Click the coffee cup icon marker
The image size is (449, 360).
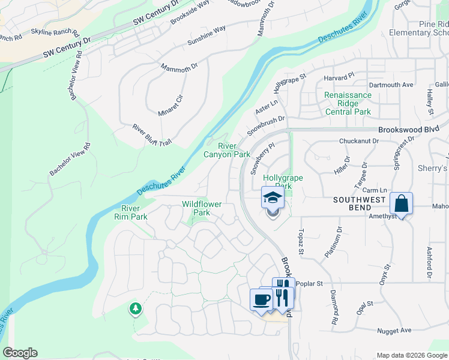[261, 299]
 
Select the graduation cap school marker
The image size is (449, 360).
[273, 197]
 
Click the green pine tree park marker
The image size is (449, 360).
[136, 308]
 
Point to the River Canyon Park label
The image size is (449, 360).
[226, 150]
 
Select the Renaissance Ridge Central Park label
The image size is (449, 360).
[348, 103]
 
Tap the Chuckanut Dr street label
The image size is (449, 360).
[359, 141]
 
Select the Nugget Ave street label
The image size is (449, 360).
[394, 331]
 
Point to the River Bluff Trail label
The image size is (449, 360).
[152, 135]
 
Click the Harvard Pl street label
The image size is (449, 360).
[335, 78]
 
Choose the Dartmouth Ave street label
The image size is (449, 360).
[391, 85]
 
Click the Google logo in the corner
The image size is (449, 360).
[20, 353]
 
